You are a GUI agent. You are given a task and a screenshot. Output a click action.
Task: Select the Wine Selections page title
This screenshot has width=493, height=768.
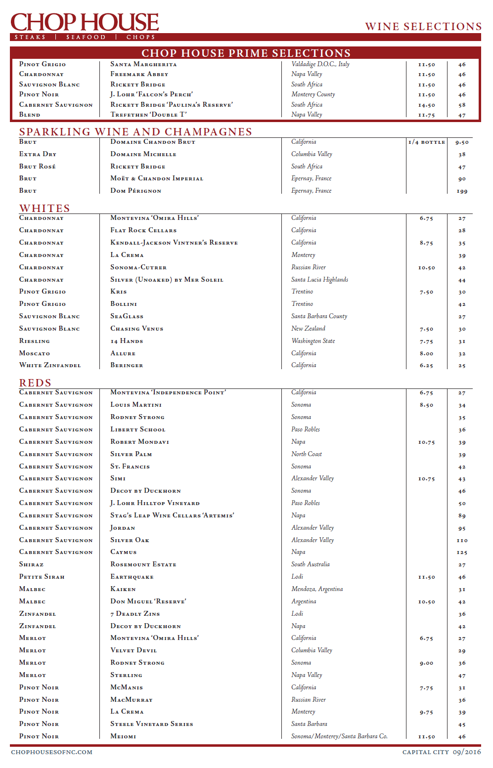(423, 27)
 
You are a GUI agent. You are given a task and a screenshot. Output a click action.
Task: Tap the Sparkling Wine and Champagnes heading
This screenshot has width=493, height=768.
(135, 132)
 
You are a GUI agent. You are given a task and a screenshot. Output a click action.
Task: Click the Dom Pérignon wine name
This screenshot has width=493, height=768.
(135, 191)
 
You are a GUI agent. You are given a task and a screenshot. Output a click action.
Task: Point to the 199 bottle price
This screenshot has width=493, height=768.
(462, 191)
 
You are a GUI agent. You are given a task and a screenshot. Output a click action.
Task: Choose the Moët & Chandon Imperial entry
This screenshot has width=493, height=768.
(157, 178)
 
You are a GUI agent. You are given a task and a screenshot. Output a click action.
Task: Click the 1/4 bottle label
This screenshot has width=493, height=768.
(426, 142)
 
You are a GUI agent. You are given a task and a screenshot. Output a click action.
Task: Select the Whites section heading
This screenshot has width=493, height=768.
(45, 208)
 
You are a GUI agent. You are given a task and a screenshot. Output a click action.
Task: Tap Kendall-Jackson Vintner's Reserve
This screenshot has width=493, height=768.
(174, 243)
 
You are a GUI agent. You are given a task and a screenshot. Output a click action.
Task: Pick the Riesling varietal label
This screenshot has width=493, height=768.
(35, 341)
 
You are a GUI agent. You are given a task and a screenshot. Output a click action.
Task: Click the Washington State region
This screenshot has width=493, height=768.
(313, 341)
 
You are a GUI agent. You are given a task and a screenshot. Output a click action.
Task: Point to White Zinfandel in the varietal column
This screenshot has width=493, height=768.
(50, 365)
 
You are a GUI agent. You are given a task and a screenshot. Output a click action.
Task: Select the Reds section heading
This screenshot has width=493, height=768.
(35, 383)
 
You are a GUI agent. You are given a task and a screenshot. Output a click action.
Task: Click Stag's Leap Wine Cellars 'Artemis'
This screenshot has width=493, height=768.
(172, 515)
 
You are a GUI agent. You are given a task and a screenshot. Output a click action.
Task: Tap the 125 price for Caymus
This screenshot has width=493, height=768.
(462, 553)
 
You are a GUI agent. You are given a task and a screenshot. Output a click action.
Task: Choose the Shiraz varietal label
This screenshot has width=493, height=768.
(31, 564)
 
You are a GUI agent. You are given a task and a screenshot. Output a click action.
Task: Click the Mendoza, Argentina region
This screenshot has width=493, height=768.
(317, 589)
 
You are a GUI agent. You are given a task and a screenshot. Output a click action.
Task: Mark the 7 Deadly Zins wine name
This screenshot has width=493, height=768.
(135, 614)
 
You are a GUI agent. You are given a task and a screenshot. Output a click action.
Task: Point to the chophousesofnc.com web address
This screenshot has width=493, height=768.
(51, 752)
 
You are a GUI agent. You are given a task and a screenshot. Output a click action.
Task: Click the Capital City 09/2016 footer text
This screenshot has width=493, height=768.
(441, 752)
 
